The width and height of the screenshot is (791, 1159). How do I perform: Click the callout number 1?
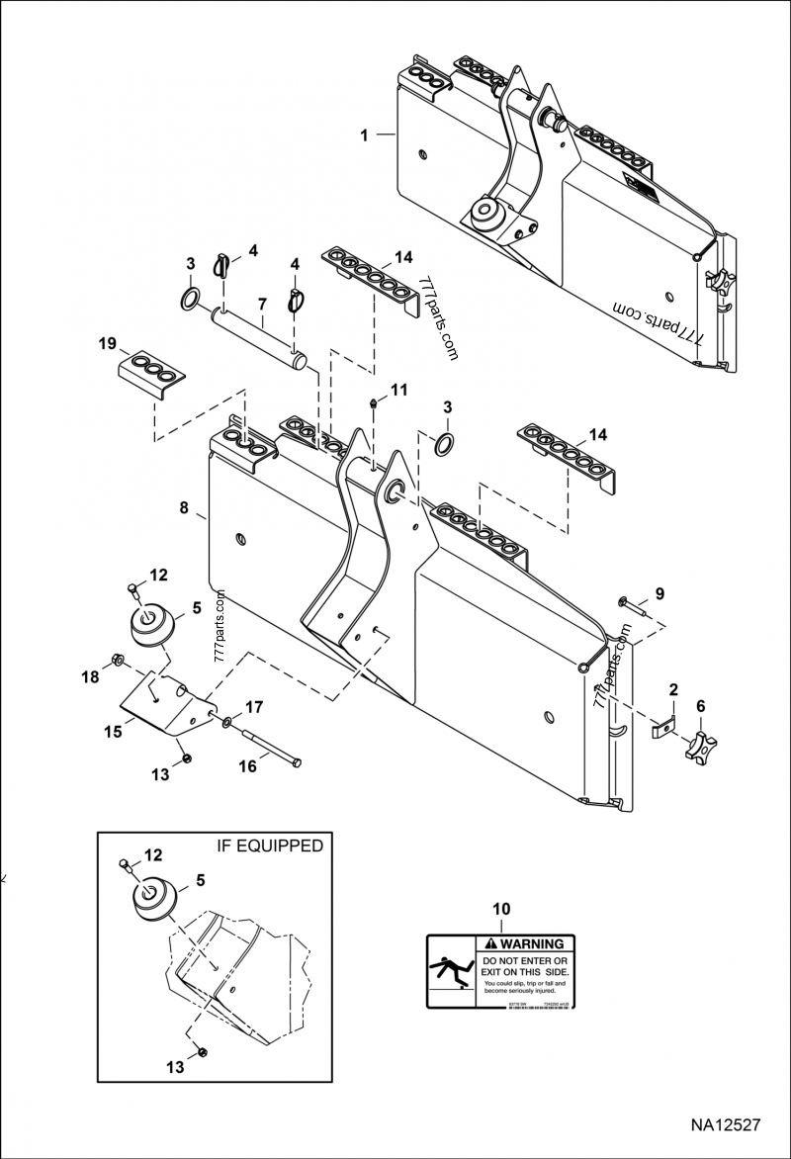coord(365,135)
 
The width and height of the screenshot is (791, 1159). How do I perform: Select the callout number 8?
coord(184,507)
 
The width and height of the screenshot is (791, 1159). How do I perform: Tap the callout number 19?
coord(108,344)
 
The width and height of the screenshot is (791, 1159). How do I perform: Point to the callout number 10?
coord(501,908)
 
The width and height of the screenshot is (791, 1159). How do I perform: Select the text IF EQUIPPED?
coord(269,846)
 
